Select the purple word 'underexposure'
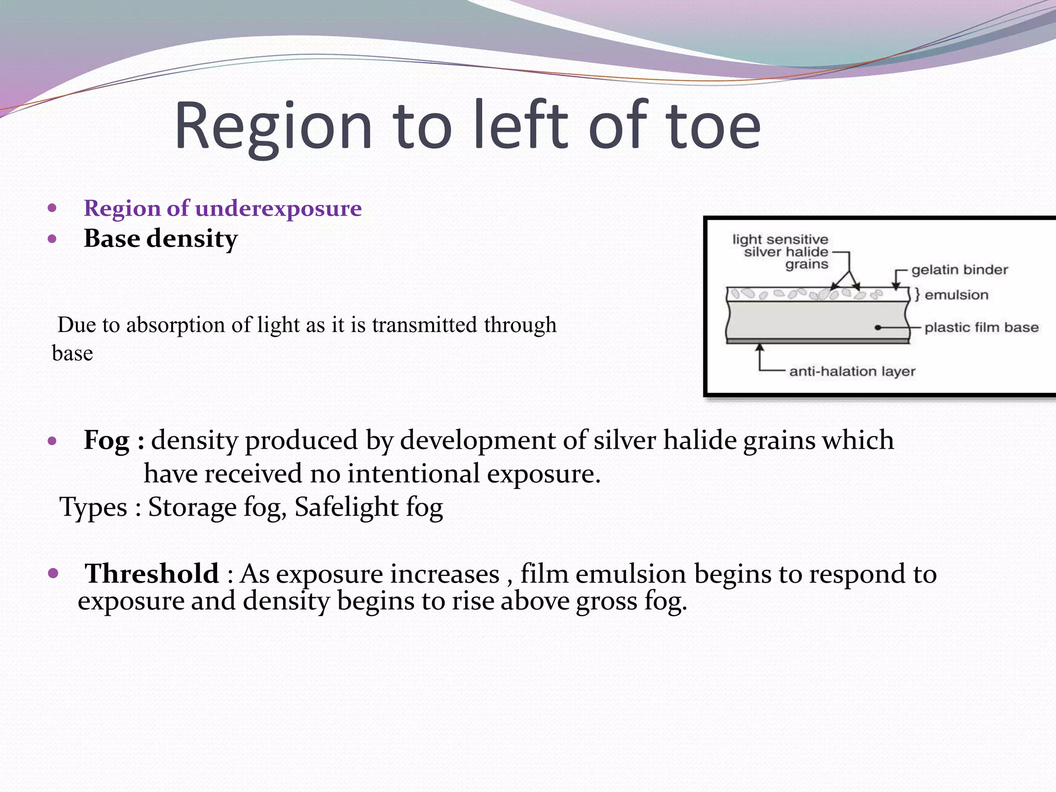[x=278, y=208]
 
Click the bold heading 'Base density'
[x=161, y=239]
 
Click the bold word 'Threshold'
[x=152, y=574]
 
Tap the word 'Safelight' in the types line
[x=346, y=507]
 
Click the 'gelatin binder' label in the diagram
[x=959, y=270]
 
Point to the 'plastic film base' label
[x=981, y=327]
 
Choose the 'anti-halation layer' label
[x=852, y=371]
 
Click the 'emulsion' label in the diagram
[x=956, y=295]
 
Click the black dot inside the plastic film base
[x=878, y=327]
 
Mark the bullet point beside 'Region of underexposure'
[x=52, y=209]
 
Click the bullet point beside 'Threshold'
[x=52, y=573]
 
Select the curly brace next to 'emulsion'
[x=917, y=294]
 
